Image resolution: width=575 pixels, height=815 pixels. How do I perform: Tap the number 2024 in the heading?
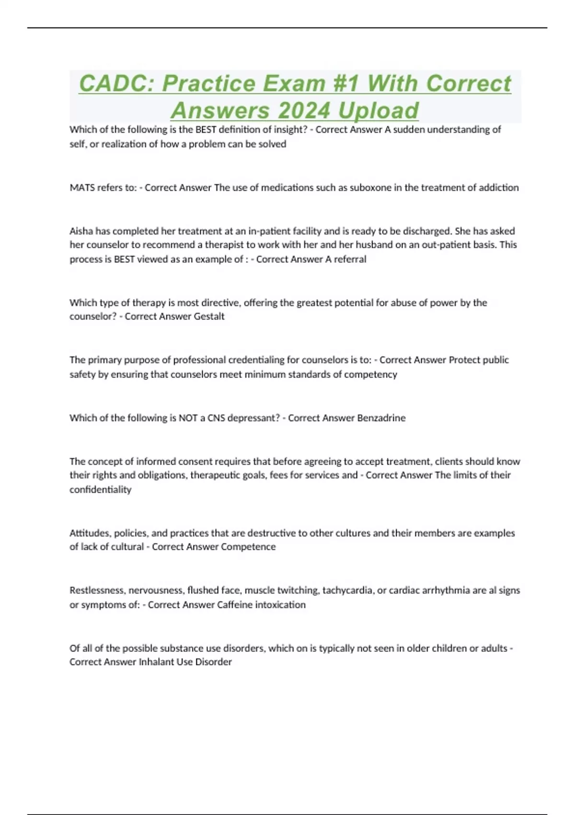304,111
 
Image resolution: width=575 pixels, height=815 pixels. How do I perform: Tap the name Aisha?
81,231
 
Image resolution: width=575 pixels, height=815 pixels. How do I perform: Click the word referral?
350,259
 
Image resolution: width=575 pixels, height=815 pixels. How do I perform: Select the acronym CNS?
216,418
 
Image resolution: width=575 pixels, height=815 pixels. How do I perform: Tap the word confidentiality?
100,489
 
